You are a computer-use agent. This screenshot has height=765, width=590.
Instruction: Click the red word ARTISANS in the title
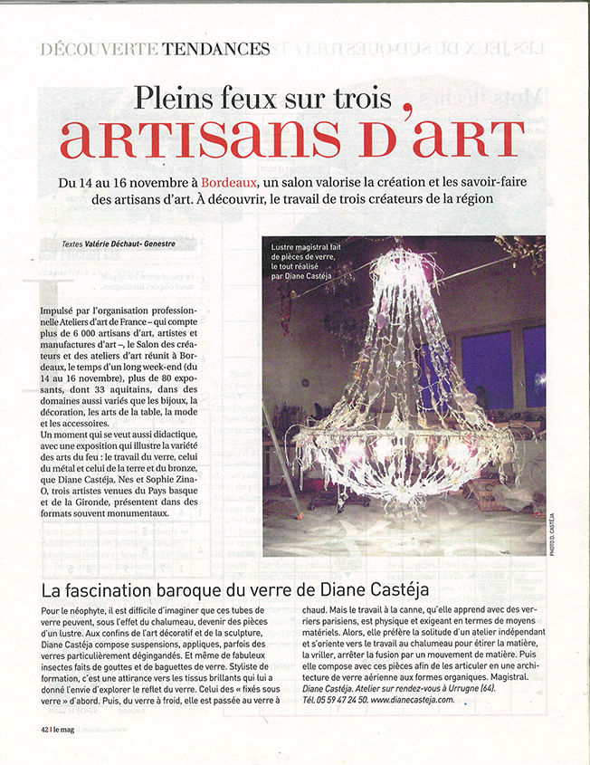(200, 137)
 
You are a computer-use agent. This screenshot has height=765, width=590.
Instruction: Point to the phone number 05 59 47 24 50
(338, 700)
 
